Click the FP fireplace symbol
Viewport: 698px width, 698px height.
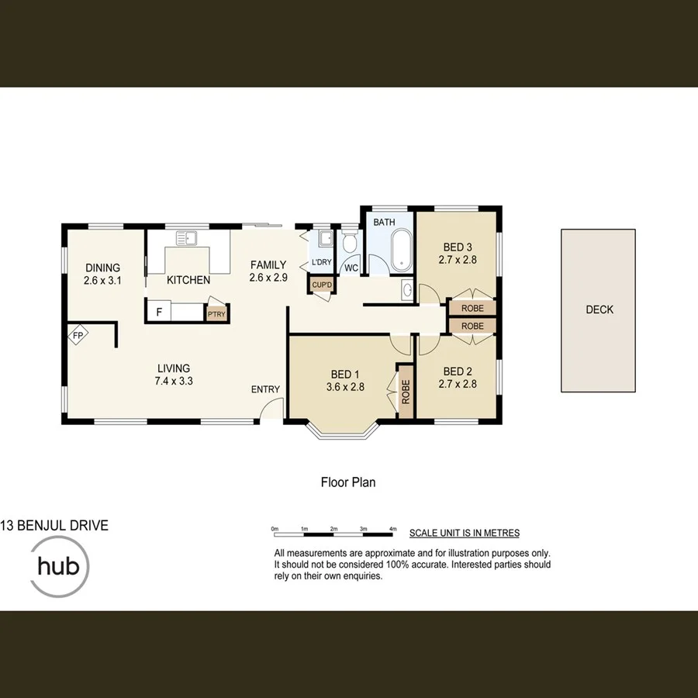(x=78, y=336)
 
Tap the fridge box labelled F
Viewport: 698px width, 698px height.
(x=159, y=312)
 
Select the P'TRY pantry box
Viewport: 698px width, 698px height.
(x=215, y=313)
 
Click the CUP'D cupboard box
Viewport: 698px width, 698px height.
(x=321, y=285)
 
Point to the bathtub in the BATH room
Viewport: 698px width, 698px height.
(x=403, y=250)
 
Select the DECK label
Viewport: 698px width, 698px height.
(x=599, y=309)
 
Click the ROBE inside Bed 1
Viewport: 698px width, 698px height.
(x=405, y=392)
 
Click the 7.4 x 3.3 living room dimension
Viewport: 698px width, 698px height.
(x=173, y=381)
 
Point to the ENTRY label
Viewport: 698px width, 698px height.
(x=265, y=389)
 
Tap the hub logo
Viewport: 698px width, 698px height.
(x=60, y=566)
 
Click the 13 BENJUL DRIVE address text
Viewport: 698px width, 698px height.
(x=54, y=526)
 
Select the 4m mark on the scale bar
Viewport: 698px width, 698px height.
(x=393, y=529)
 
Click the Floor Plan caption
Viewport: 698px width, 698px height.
(x=348, y=482)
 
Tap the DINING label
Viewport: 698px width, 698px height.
(x=103, y=268)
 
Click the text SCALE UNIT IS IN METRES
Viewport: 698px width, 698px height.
(x=464, y=533)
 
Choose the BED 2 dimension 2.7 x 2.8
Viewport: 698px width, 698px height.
(x=458, y=383)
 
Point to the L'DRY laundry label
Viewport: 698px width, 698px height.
(x=321, y=263)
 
